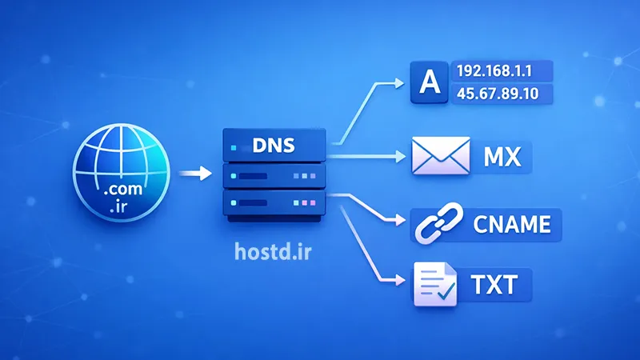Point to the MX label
[502, 156]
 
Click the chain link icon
[433, 226]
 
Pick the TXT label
[494, 283]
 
